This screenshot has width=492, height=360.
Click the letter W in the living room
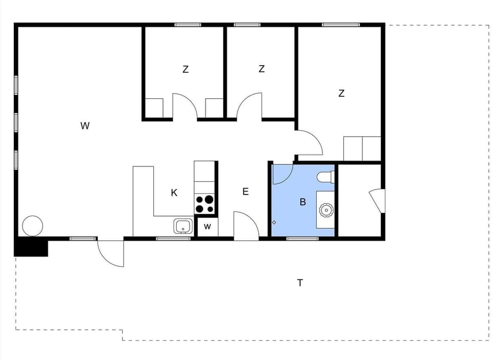click(85, 125)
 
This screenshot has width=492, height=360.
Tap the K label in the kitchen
click(174, 193)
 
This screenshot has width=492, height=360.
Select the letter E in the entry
click(245, 192)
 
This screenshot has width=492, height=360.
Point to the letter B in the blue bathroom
click(303, 202)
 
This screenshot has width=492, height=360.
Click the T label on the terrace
click(300, 283)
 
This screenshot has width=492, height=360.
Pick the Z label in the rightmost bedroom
click(341, 93)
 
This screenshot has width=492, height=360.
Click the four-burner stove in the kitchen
click(205, 204)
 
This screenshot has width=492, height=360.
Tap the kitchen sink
click(183, 225)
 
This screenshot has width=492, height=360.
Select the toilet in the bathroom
click(325, 177)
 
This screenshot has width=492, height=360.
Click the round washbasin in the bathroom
click(326, 209)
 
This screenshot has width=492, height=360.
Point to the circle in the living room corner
click(32, 226)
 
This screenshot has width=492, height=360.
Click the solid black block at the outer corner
click(31, 248)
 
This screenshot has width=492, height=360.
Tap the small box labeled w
click(208, 226)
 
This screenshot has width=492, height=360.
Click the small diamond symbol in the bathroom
click(274, 222)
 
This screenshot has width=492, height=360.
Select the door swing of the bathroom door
click(281, 174)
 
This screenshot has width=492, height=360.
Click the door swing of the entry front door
click(245, 225)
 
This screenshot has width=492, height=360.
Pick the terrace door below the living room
click(111, 252)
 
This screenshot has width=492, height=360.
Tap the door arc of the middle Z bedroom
click(250, 105)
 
